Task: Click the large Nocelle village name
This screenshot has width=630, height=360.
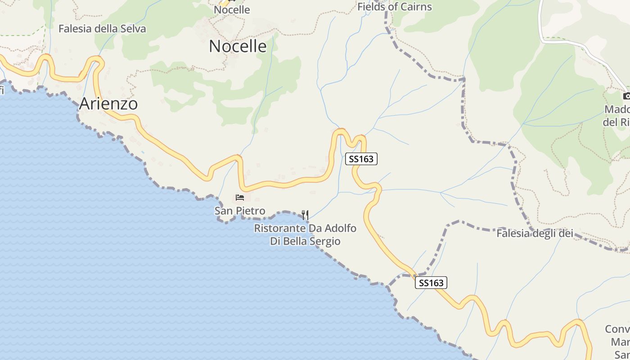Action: click(238, 46)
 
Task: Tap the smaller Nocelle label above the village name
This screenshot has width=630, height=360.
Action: click(232, 9)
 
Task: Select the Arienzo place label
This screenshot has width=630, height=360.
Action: click(108, 104)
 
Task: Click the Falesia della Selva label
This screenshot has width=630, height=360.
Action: click(102, 29)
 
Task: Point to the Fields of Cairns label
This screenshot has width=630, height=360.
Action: click(394, 7)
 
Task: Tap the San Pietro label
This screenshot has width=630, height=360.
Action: click(240, 211)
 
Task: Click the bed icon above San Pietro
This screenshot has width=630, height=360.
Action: click(240, 198)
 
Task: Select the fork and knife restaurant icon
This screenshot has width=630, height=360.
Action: click(305, 215)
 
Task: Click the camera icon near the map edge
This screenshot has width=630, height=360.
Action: click(626, 96)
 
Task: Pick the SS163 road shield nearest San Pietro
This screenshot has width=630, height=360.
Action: click(361, 159)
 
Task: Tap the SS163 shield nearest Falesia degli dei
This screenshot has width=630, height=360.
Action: click(431, 283)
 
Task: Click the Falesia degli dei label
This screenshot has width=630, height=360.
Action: click(535, 234)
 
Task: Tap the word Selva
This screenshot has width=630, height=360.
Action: click(133, 29)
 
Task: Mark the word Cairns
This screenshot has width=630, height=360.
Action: click(415, 7)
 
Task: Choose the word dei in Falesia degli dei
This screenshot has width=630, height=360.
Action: click(567, 234)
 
